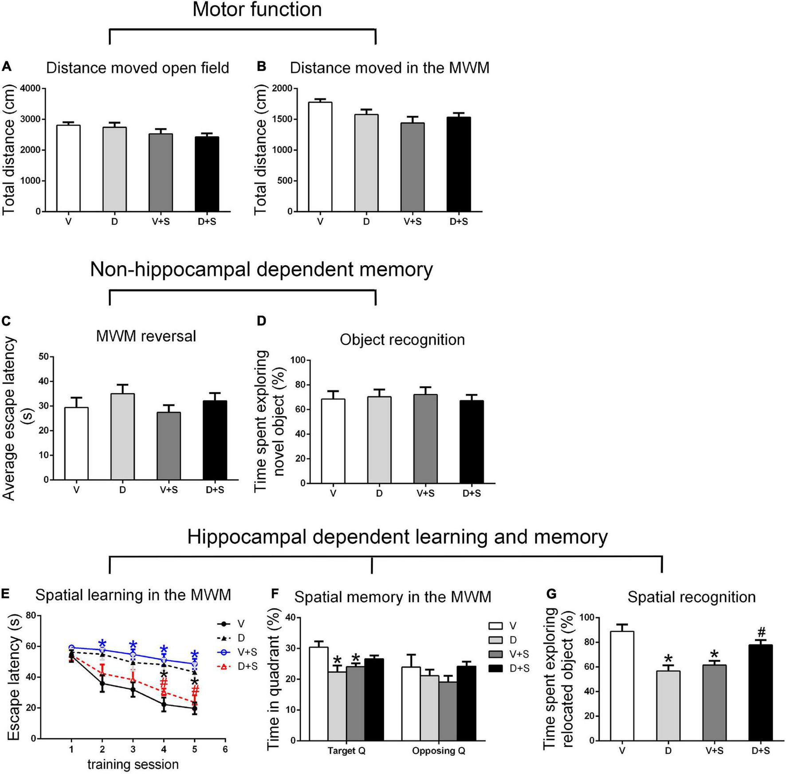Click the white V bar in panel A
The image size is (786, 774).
68,169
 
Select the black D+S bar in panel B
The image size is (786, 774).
459,164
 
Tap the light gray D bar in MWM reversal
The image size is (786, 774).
122,436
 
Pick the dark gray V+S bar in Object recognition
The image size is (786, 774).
425,439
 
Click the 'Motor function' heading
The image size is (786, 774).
257,10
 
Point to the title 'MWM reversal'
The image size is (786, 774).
146,336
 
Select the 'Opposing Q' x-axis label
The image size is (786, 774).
438,751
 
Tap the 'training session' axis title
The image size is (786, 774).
133,765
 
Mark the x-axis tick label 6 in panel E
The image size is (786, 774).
225,750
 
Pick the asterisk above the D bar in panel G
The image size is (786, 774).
668,658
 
